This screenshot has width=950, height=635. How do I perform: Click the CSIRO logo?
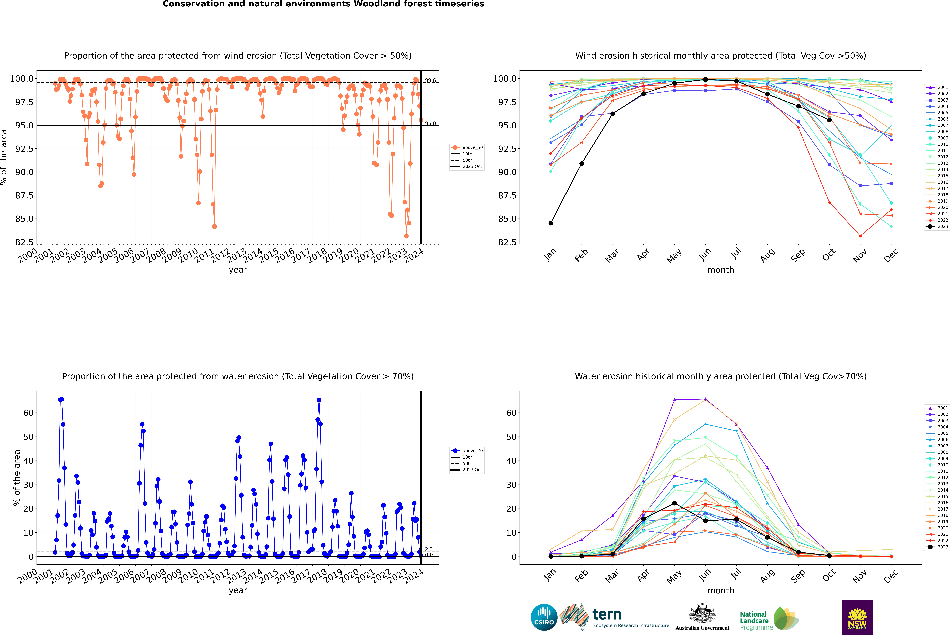[x=544, y=617]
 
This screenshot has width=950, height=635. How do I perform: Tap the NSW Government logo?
[x=857, y=617]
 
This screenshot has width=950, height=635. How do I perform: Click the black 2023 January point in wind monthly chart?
[x=551, y=223]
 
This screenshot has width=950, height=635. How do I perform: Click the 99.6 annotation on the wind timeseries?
[x=430, y=81]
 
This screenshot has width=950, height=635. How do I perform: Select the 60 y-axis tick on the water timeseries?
[x=28, y=413]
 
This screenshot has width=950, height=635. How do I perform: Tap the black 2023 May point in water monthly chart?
[x=675, y=503]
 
